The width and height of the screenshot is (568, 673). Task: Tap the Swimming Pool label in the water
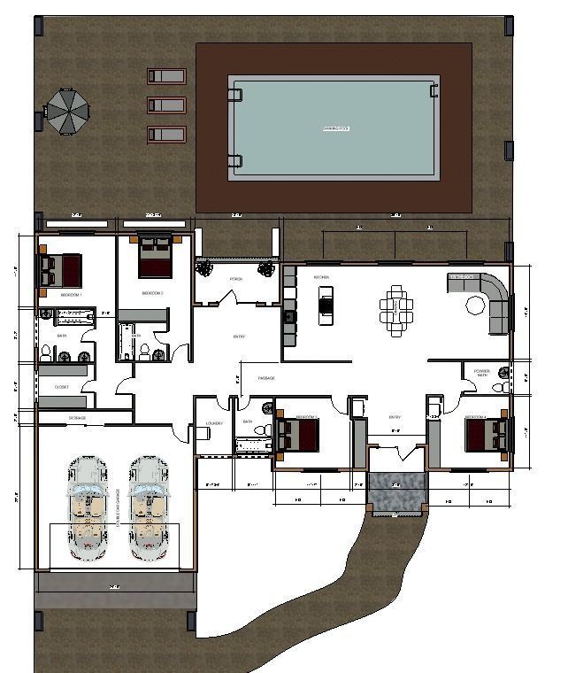click(x=335, y=129)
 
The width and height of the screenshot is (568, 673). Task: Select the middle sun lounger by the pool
click(x=165, y=105)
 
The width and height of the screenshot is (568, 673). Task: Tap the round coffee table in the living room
click(x=477, y=306)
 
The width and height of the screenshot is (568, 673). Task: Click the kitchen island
click(x=326, y=300)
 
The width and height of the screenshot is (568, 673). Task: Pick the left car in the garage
click(x=88, y=508)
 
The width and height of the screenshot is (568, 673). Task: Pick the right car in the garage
click(x=147, y=508)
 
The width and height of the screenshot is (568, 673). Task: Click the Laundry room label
click(x=213, y=422)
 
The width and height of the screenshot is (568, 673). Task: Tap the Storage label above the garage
click(x=77, y=416)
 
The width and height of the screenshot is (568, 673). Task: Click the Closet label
click(x=61, y=387)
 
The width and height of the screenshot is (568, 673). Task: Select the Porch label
click(x=235, y=279)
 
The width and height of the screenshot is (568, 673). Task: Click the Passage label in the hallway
click(x=265, y=378)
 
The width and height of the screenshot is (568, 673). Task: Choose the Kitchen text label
click(x=321, y=277)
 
